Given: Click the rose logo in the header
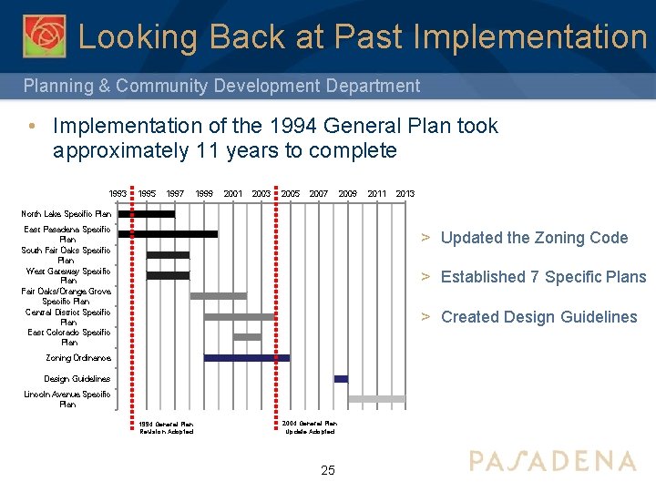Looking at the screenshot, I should (44, 36).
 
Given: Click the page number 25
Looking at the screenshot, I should (328, 470).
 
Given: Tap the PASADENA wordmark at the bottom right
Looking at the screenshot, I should (552, 460).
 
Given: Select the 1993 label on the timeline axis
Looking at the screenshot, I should (118, 194).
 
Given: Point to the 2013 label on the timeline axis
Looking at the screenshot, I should (405, 194).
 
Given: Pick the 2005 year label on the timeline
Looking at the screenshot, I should (291, 194).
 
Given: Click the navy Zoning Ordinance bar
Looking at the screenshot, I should (246, 358).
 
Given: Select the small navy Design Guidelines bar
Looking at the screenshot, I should (341, 378).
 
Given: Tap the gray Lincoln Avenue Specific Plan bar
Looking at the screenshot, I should (376, 399).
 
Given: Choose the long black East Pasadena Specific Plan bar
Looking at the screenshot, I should (169, 234).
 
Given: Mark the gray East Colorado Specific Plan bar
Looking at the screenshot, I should (247, 337).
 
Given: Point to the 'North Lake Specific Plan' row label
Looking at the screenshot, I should (67, 214).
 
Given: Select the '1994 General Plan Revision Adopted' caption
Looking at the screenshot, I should (166, 427).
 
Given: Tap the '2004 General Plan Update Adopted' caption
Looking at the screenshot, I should (309, 427).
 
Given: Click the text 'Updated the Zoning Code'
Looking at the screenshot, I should (534, 238).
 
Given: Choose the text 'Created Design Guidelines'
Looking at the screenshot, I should (538, 317).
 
